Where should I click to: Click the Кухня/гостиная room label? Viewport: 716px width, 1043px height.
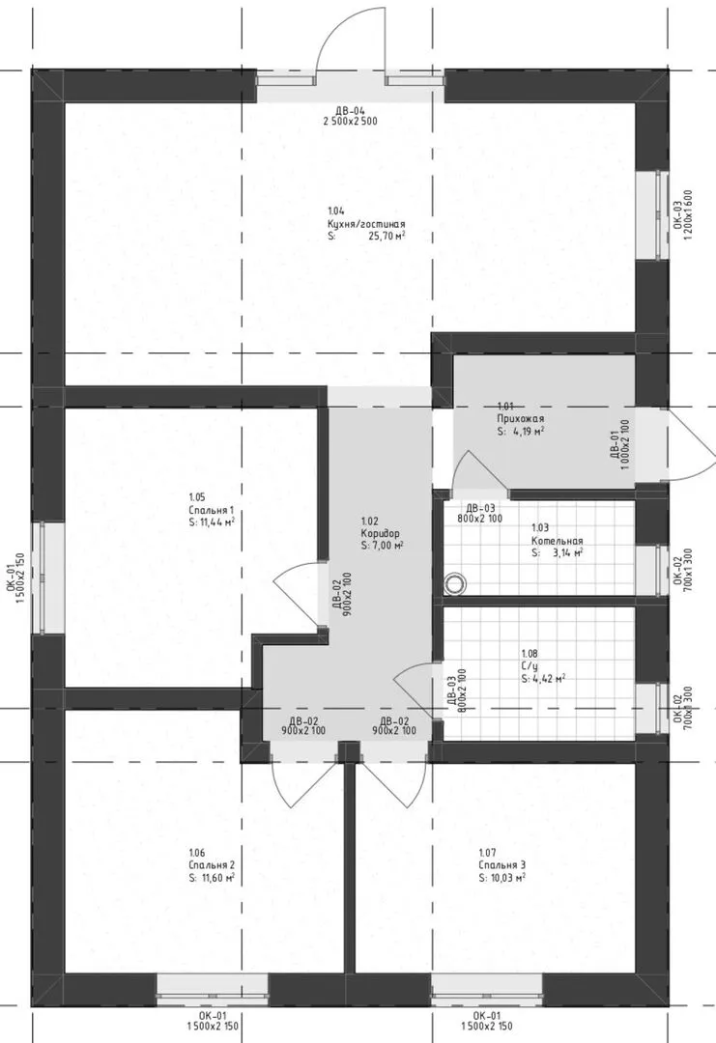tap(366, 224)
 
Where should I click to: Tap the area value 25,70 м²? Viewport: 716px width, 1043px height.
tap(387, 237)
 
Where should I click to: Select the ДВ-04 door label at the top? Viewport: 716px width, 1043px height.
tap(350, 111)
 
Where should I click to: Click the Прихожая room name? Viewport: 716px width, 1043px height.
tap(520, 418)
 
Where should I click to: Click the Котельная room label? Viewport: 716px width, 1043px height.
tap(557, 541)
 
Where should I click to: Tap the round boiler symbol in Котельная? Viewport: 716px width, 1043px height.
tap(455, 583)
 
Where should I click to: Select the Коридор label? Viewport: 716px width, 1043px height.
tap(380, 533)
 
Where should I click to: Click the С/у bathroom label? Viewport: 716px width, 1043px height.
tap(530, 666)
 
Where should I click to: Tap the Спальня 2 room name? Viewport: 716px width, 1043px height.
tap(212, 865)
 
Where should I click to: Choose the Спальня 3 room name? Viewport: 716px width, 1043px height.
tap(501, 865)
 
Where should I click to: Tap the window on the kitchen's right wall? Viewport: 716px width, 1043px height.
tap(651, 214)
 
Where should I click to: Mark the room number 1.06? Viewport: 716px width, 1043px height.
tap(196, 853)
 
